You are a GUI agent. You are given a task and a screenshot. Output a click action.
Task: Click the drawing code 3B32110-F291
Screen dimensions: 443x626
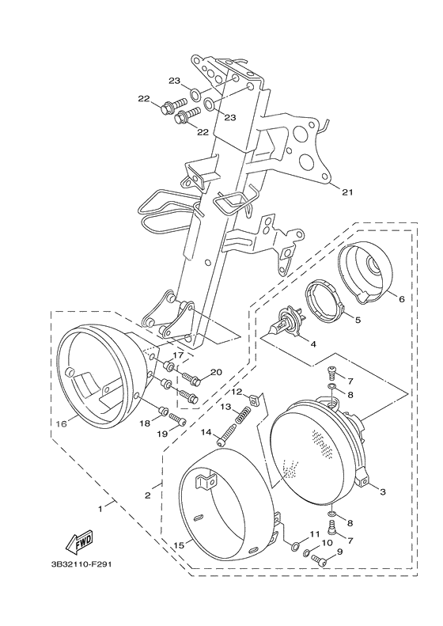pyautogui.click(x=81, y=564)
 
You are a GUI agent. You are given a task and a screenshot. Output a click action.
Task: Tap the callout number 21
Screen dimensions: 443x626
pyautogui.click(x=347, y=192)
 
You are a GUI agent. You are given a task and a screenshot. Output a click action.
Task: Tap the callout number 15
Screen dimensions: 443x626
pyautogui.click(x=180, y=545)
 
